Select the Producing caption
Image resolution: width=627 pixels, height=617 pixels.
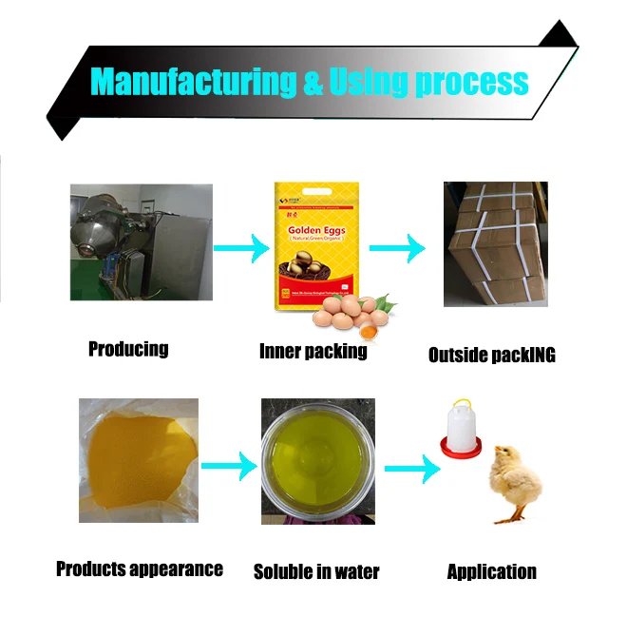[x=128, y=349]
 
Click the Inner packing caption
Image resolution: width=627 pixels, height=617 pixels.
[x=313, y=352]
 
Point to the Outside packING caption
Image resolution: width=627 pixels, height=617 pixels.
[x=491, y=356]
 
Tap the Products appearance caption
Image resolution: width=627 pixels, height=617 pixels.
[x=140, y=569]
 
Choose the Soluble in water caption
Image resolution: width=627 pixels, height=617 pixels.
[x=316, y=571]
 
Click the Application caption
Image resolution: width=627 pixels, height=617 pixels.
[x=491, y=571]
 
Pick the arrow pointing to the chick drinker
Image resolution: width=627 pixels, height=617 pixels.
[x=411, y=467]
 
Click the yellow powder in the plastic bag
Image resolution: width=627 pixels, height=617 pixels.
[x=138, y=457]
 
